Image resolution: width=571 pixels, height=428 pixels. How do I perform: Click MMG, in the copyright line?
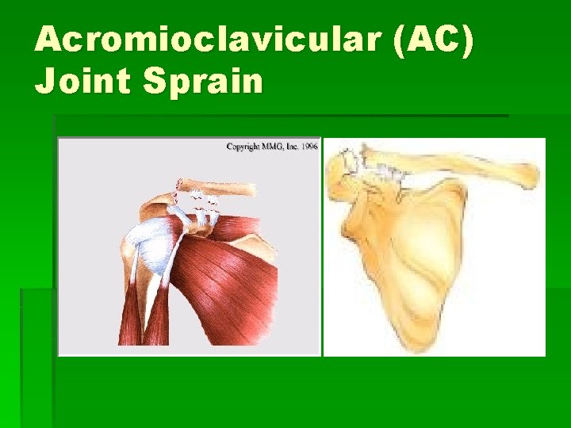(274, 147)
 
